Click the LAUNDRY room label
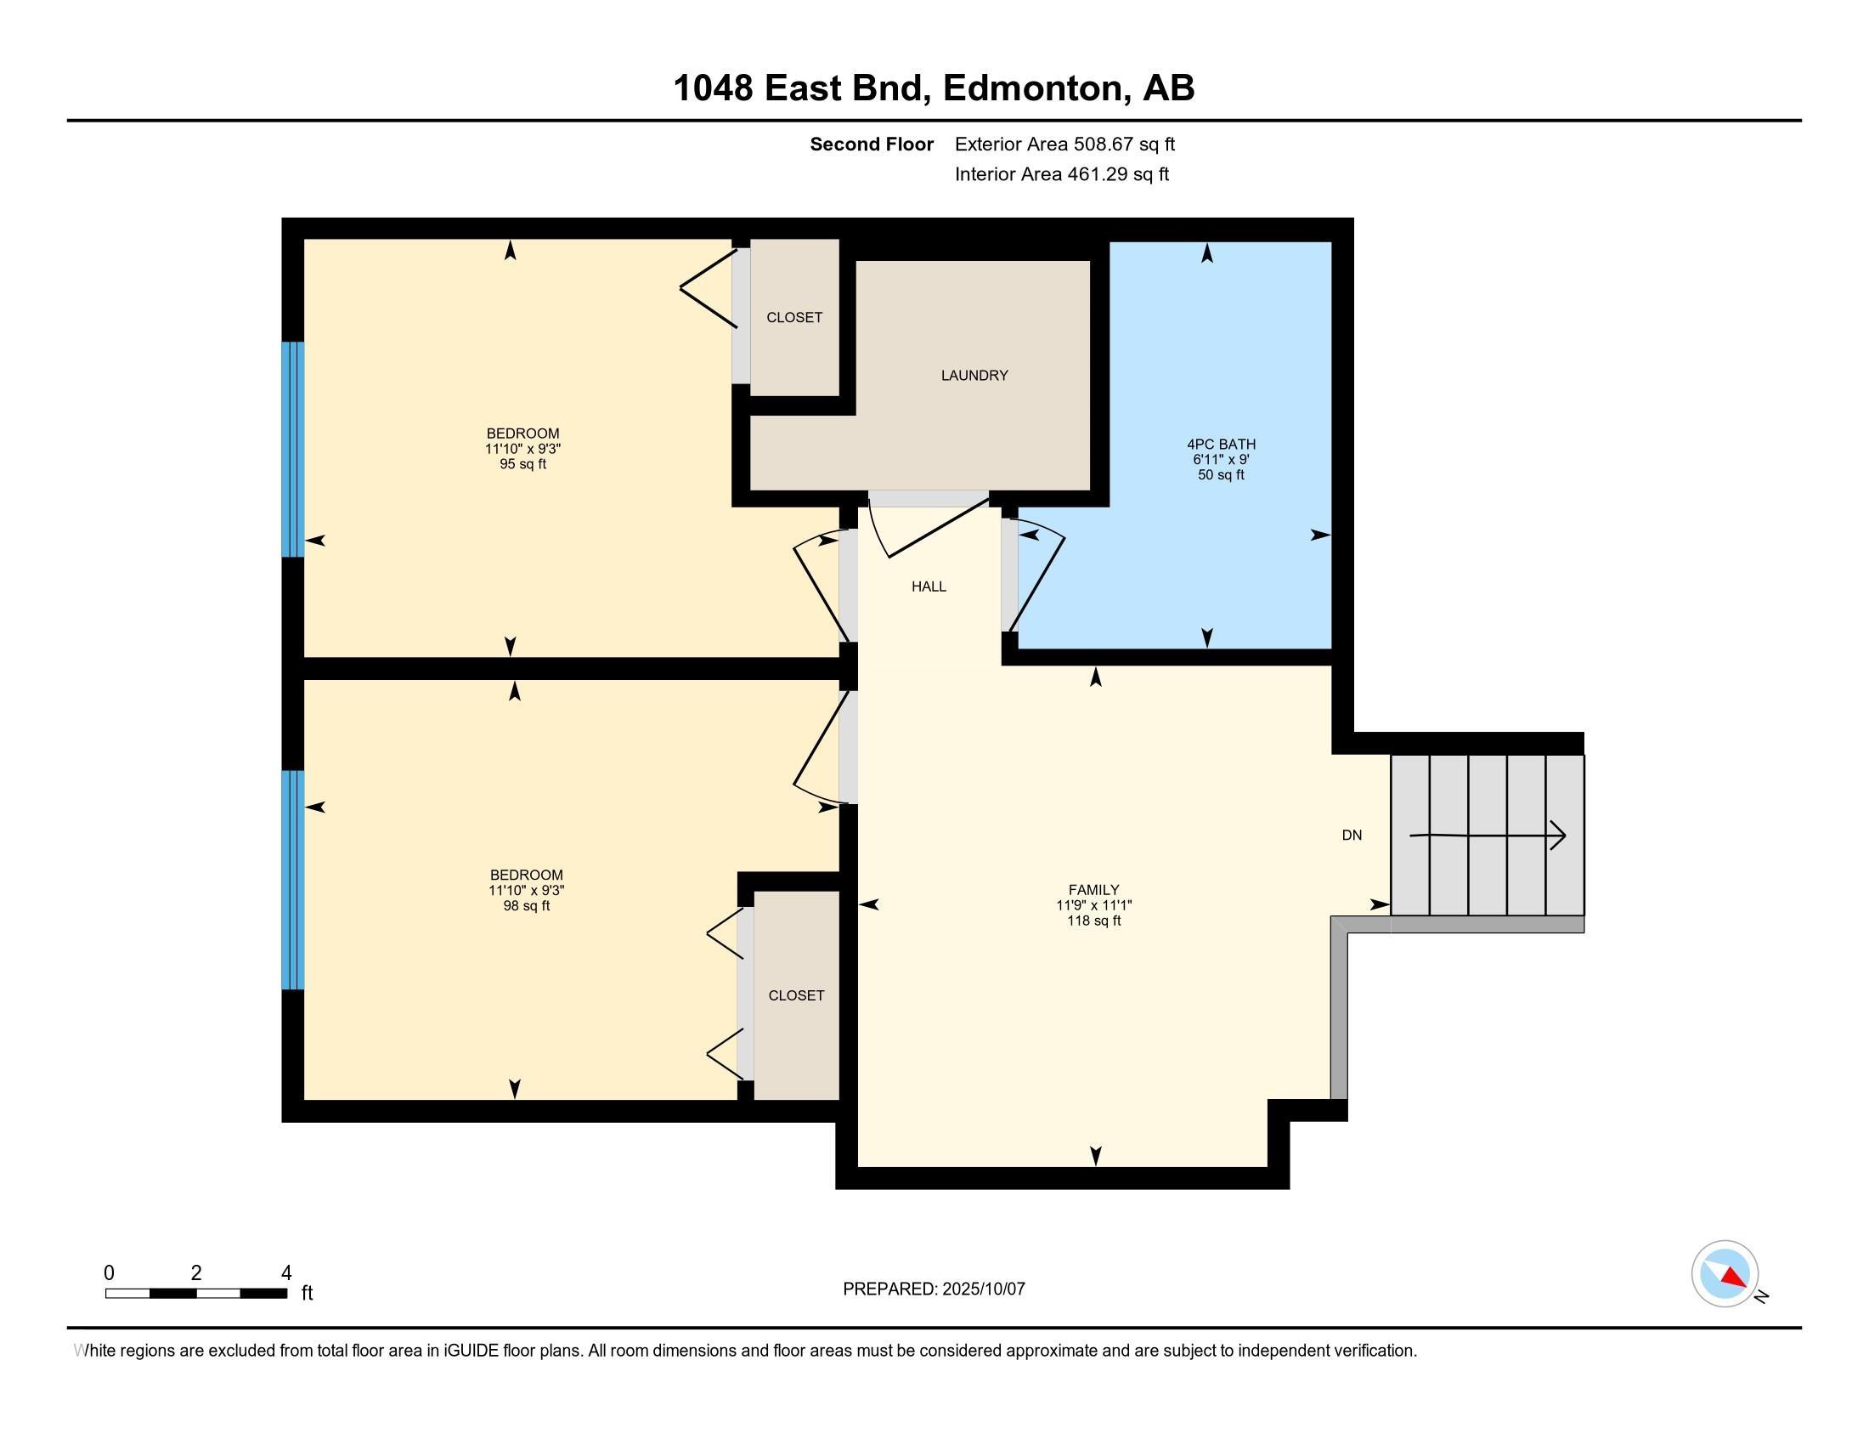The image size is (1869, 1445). click(x=974, y=375)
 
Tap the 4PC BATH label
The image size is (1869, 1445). click(x=1221, y=445)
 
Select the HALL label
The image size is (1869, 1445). click(x=929, y=586)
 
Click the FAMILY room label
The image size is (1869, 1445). click(x=1093, y=889)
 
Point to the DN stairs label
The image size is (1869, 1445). click(x=1352, y=835)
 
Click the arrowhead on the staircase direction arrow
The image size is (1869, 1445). click(x=1558, y=836)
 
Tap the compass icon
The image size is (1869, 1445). click(x=1725, y=1274)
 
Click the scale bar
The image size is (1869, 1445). click(x=196, y=1294)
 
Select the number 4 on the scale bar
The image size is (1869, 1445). click(x=286, y=1272)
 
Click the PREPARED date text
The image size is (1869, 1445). click(x=934, y=1289)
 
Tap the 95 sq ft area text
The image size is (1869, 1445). click(x=522, y=464)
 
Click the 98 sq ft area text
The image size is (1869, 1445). click(x=527, y=906)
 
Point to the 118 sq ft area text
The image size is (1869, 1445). click(x=1093, y=921)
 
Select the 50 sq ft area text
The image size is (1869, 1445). click(x=1221, y=475)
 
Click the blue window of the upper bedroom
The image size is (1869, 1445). click(x=293, y=450)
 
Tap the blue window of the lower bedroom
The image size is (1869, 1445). click(x=293, y=880)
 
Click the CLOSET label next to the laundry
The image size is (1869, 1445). click(x=794, y=317)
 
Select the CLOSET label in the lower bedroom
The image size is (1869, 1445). click(x=796, y=994)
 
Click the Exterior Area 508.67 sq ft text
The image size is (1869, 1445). click(x=1065, y=144)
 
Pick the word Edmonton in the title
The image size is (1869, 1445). click(x=1033, y=88)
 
